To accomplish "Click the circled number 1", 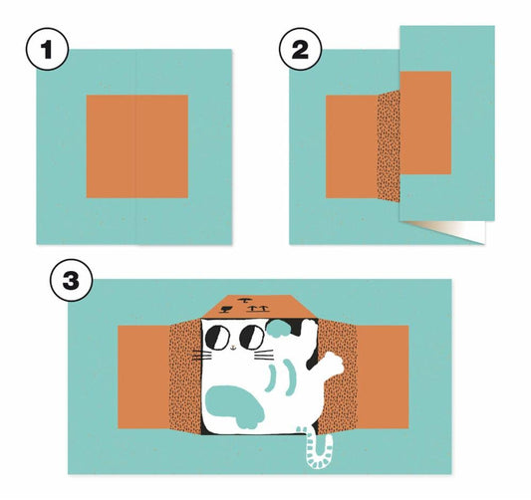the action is (x=47, y=50).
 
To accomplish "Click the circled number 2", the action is (x=300, y=50).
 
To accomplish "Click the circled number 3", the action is (x=72, y=280).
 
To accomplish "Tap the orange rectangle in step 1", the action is (x=137, y=146).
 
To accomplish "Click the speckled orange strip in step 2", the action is (x=389, y=146).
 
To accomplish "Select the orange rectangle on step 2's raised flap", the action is (x=425, y=123).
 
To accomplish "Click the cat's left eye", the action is (x=217, y=338).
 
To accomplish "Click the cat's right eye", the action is (x=252, y=338).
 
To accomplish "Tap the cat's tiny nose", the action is (x=233, y=347).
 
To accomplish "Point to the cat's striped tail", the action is (x=319, y=447).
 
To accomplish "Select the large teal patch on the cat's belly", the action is (x=235, y=406).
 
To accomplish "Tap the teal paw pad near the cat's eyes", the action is (x=278, y=328).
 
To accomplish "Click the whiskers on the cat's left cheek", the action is (x=202, y=356).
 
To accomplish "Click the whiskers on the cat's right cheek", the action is (x=264, y=355).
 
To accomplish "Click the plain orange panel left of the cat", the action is (x=143, y=377).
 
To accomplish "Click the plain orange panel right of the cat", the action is (x=383, y=377).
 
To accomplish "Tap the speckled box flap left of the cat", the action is (x=185, y=376).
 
